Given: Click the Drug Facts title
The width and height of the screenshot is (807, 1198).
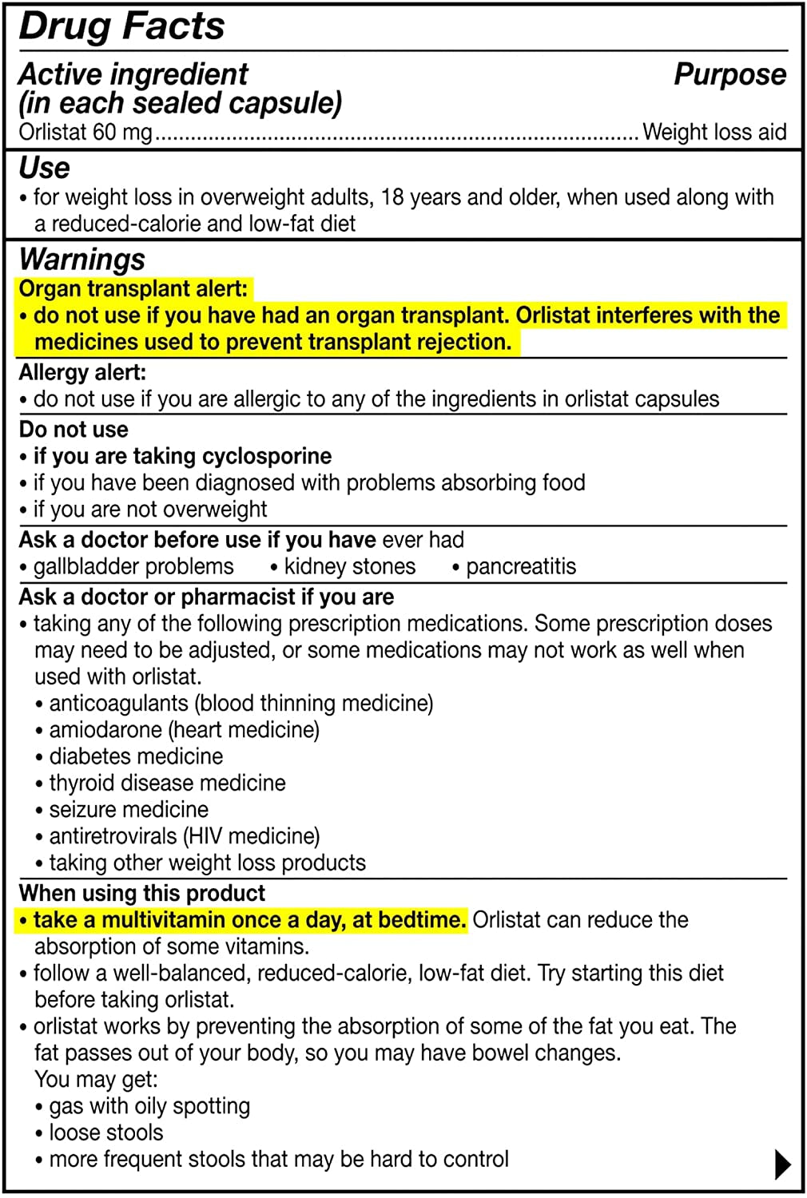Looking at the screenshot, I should click(121, 26).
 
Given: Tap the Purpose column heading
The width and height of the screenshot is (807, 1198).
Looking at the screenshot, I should click(729, 74).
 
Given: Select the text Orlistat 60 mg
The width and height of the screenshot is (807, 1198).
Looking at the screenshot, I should click(85, 132).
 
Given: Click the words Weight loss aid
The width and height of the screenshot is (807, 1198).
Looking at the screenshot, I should click(714, 132).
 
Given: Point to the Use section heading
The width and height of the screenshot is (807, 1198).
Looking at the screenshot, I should click(44, 168).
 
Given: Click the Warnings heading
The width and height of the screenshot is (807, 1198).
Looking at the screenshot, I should click(81, 260).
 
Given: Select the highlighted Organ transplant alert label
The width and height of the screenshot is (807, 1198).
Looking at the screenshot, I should click(133, 288).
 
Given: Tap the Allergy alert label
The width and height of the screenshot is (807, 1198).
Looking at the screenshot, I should click(82, 372).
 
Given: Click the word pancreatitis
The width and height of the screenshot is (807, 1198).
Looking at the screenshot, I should click(521, 566).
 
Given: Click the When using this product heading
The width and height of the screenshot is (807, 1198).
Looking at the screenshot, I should click(142, 893).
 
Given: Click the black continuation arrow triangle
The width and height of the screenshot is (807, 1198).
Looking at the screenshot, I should click(783, 1164).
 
